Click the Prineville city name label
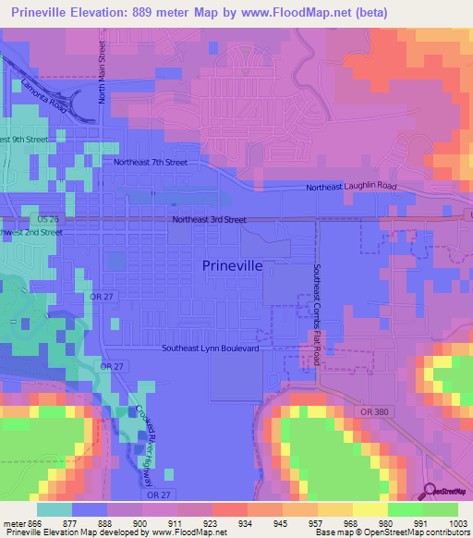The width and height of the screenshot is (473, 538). click(232, 265)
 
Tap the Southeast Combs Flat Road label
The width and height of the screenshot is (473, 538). click(316, 314)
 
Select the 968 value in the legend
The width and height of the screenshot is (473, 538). click(351, 524)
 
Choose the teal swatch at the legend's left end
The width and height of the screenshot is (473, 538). click(54, 509)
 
